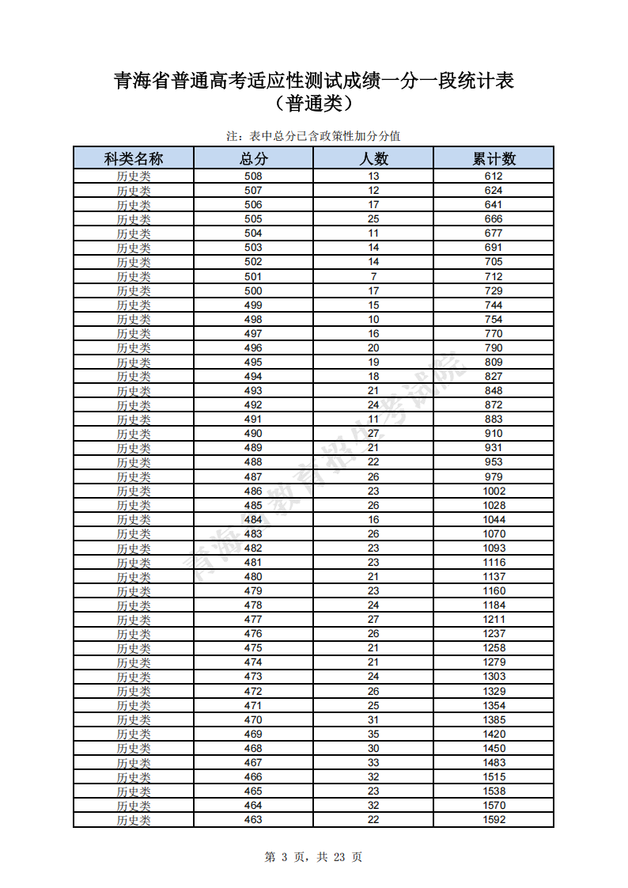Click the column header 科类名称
click(x=134, y=158)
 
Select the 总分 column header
click(x=253, y=158)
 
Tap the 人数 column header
click(x=373, y=158)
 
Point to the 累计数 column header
click(x=494, y=158)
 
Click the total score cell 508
click(x=253, y=176)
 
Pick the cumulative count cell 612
click(x=494, y=176)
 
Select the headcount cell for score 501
click(x=373, y=276)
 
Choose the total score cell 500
click(x=253, y=290)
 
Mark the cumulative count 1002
click(x=494, y=491)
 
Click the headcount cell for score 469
click(x=373, y=734)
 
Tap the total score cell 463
click(x=253, y=819)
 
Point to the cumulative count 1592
click(x=494, y=819)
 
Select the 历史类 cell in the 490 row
click(x=134, y=434)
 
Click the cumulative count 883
click(x=494, y=419)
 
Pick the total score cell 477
click(x=253, y=620)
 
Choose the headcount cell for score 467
click(x=373, y=762)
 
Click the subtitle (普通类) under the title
click(x=314, y=104)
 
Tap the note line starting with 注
click(x=314, y=136)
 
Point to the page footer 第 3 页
click(x=313, y=856)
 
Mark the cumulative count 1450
click(x=494, y=748)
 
